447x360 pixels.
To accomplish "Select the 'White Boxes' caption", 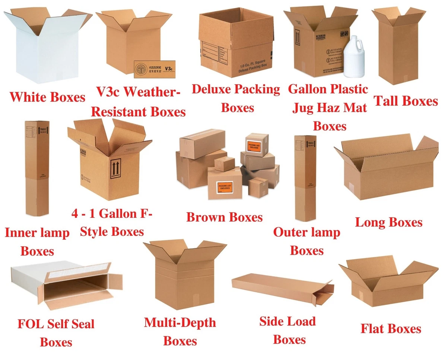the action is (47, 98).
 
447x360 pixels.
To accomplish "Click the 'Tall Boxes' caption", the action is (405, 101).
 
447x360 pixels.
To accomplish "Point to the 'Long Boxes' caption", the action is (389, 223).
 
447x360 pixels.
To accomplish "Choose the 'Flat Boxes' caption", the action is (391, 329).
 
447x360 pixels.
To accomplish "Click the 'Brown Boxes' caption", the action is (224, 217).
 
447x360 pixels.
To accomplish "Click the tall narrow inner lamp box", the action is (37, 168).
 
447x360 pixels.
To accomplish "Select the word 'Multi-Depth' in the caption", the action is (180, 322).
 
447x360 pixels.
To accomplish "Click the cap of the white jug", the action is (352, 38).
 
